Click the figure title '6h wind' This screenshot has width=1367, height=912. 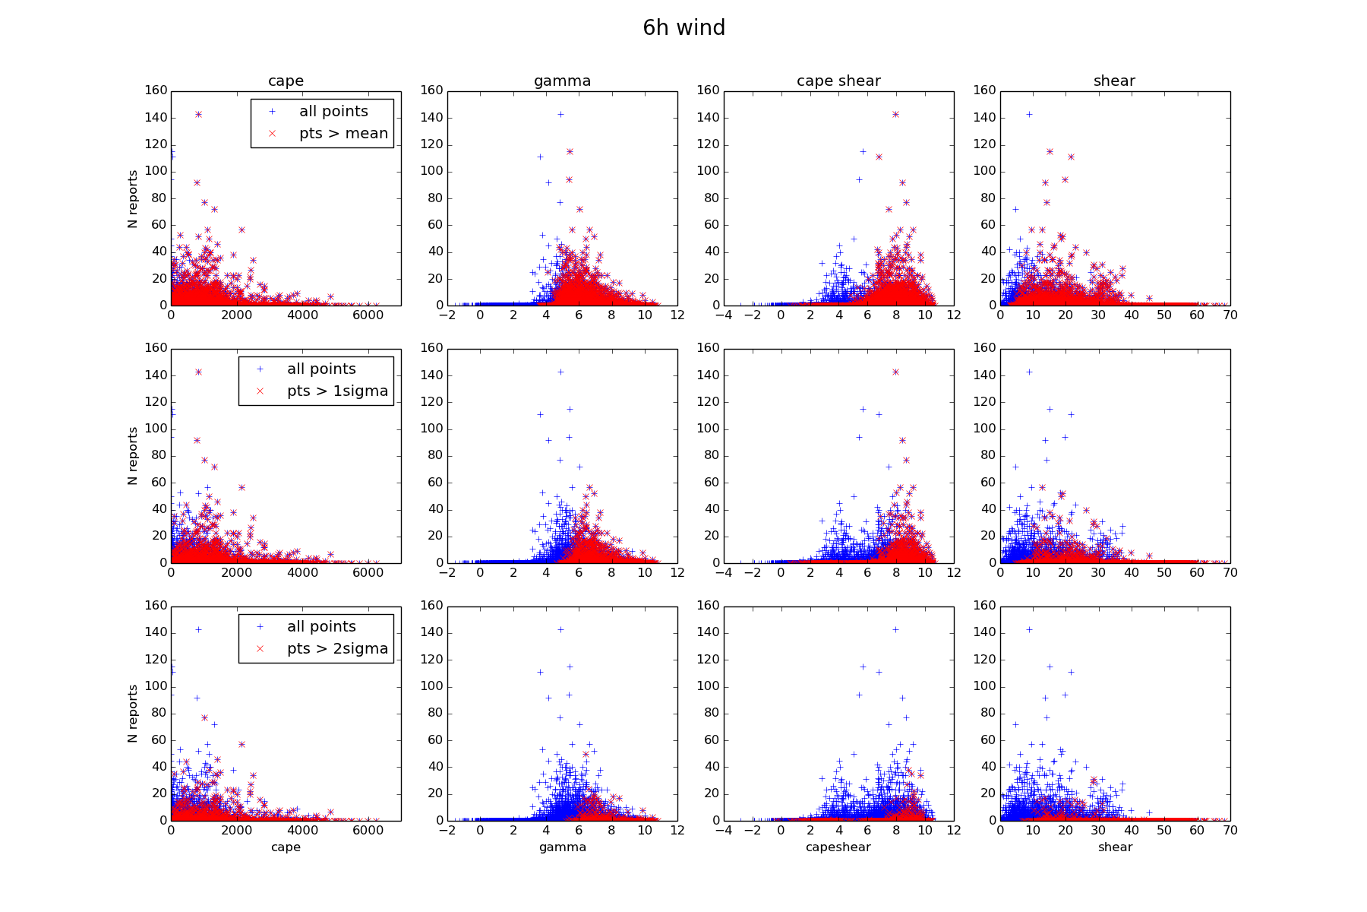point(683,28)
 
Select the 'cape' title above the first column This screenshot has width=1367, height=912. point(286,81)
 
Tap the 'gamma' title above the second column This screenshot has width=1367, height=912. point(562,81)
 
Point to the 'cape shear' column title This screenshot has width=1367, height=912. point(838,81)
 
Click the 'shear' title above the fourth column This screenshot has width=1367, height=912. point(1114,81)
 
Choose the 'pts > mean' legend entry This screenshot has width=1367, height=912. point(343,134)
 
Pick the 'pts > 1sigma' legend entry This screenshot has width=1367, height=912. point(337,391)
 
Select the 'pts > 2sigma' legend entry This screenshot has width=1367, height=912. point(337,649)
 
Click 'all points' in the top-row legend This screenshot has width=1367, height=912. point(333,112)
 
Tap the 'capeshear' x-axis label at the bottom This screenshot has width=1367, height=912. point(838,847)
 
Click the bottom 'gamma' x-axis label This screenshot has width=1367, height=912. point(562,847)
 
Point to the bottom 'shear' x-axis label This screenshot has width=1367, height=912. point(1115,847)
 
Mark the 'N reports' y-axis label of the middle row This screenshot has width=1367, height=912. point(133,456)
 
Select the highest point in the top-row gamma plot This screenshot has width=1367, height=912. point(560,115)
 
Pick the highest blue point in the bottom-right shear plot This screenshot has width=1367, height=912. point(1030,630)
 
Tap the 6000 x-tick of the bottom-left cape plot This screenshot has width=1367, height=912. point(368,831)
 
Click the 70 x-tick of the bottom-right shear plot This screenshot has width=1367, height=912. point(1230,831)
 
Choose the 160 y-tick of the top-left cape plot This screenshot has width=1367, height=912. point(156,90)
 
